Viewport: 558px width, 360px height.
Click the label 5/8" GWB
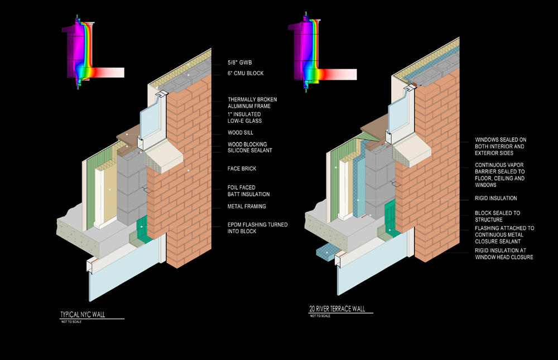[x=240, y=63]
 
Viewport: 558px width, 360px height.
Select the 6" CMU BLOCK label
[x=246, y=73]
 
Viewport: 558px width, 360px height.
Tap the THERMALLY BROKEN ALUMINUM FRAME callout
[x=252, y=103]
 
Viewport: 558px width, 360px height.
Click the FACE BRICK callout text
[x=242, y=168]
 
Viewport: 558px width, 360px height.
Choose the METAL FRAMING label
[x=247, y=207]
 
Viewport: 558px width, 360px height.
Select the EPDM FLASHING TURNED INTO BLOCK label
[x=257, y=228]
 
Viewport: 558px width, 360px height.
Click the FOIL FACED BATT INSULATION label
[x=248, y=191]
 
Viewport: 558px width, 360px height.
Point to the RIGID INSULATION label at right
[x=496, y=198]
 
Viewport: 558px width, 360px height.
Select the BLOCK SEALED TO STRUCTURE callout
[x=497, y=216]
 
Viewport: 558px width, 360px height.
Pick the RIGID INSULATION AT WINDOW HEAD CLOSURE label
[x=504, y=253]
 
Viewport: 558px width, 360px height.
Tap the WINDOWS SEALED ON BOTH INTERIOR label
[x=500, y=146]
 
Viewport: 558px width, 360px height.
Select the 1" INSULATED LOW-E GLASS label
[x=244, y=117]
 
